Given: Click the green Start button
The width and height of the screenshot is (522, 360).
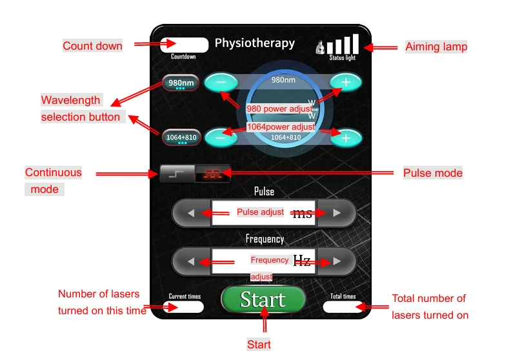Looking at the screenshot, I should pyautogui.click(x=263, y=300).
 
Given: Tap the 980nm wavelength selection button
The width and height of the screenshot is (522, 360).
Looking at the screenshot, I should pyautogui.click(x=181, y=83).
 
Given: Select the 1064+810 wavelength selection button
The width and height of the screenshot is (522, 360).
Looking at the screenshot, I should pyautogui.click(x=181, y=137).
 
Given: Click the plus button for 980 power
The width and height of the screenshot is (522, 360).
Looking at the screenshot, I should pyautogui.click(x=346, y=82).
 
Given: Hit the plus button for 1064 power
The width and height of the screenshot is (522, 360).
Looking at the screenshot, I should pyautogui.click(x=346, y=137).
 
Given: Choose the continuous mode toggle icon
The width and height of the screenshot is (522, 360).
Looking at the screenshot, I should pyautogui.click(x=177, y=174).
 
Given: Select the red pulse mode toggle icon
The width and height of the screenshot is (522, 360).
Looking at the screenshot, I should pyautogui.click(x=212, y=174).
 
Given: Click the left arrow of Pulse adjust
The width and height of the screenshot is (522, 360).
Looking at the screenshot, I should pyautogui.click(x=191, y=212).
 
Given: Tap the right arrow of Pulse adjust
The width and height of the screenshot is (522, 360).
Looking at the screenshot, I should pyautogui.click(x=336, y=212).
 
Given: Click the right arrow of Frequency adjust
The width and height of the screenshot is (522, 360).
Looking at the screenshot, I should pyautogui.click(x=336, y=261).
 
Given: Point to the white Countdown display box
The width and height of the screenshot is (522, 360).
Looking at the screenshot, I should pyautogui.click(x=185, y=45).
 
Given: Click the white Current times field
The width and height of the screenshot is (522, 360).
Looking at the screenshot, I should pyautogui.click(x=185, y=307).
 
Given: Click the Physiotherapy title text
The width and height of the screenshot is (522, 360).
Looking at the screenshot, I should pyautogui.click(x=254, y=43).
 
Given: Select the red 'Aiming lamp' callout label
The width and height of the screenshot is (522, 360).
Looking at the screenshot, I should pyautogui.click(x=436, y=46).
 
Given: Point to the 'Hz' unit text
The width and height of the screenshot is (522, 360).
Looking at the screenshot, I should pyautogui.click(x=302, y=261).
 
